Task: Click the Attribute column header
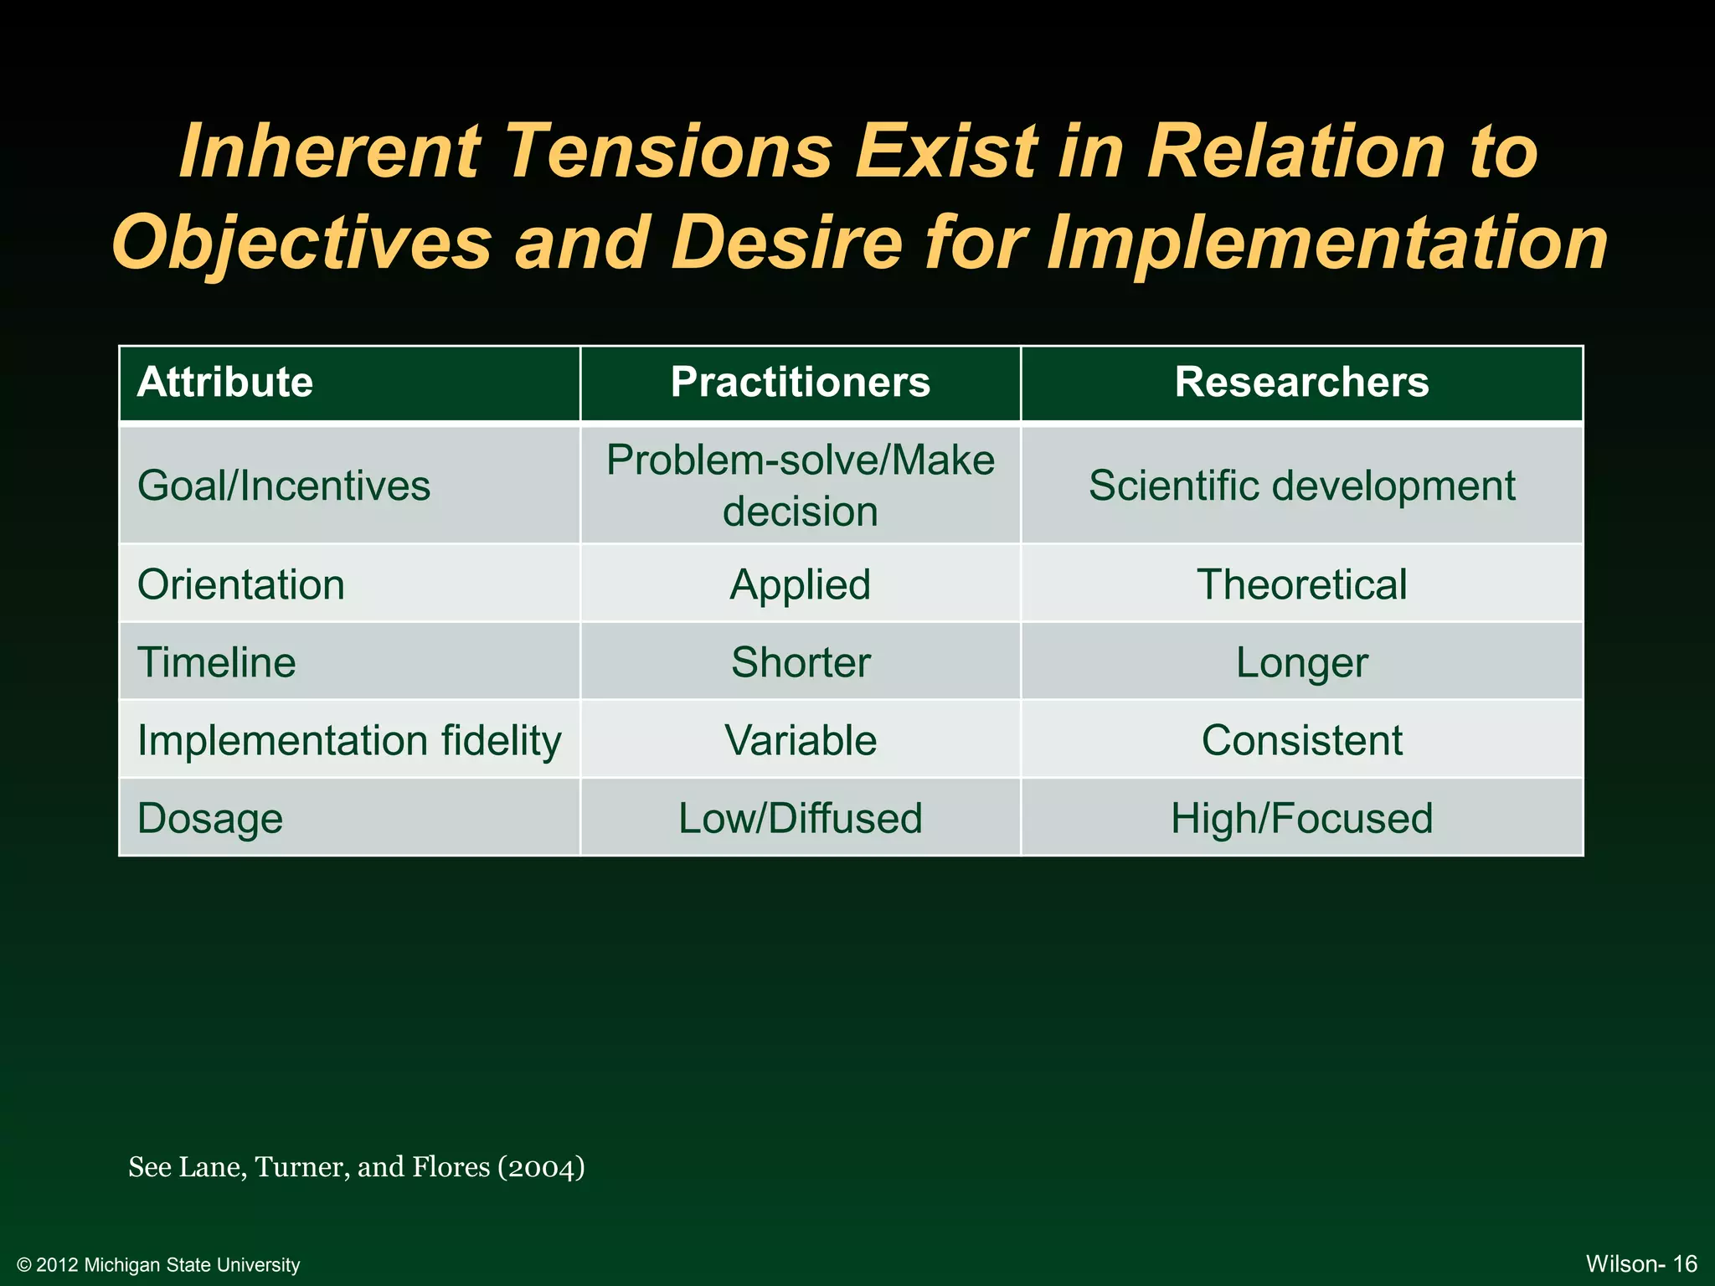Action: (224, 383)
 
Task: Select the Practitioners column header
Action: (800, 383)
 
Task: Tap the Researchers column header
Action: (1301, 383)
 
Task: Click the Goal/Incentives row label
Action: (284, 486)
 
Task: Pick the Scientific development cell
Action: (1301, 486)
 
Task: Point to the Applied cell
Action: (800, 584)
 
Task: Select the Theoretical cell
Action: (1301, 584)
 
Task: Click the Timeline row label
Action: (217, 662)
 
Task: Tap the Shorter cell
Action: (800, 662)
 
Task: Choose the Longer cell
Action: (1301, 662)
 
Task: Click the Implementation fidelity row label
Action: (349, 741)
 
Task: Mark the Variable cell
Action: (800, 741)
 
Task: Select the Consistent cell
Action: (1301, 741)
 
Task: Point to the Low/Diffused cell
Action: (800, 819)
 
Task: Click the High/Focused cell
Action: (1301, 819)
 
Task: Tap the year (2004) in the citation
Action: (541, 1167)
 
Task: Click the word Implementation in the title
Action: (1327, 244)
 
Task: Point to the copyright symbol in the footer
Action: (23, 1265)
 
